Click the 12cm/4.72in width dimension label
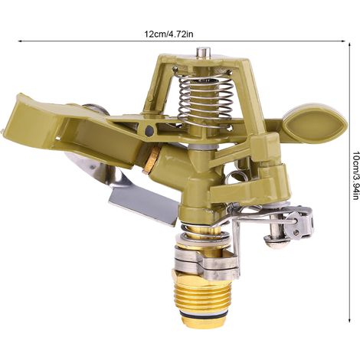[169, 34]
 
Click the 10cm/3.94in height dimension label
[355, 175]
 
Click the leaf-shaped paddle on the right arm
[315, 125]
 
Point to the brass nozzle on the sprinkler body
[153, 161]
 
